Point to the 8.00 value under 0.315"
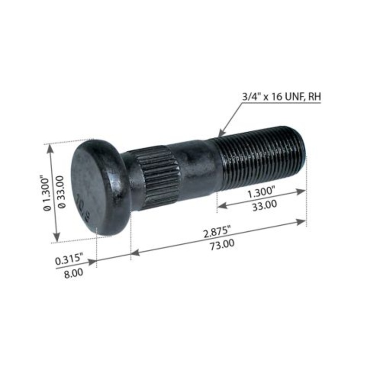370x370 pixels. pos(73,273)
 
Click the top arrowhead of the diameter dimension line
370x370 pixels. pos(51,147)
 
